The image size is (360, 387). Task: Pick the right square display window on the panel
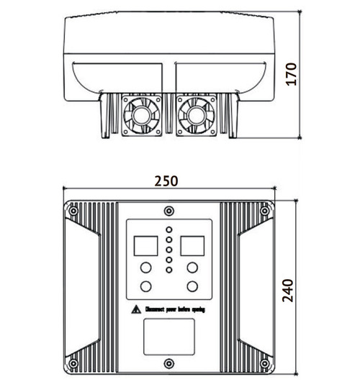pos(193,246)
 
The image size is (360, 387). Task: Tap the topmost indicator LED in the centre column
pos(168,231)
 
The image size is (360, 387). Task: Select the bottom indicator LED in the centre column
pos(168,269)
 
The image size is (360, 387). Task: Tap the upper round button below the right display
pos(193,268)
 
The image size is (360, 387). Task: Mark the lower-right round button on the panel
pos(193,286)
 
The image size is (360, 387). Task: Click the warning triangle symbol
pos(135,309)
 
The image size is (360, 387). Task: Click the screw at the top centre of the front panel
pos(168,210)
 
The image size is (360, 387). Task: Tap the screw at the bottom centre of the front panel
pos(168,363)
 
